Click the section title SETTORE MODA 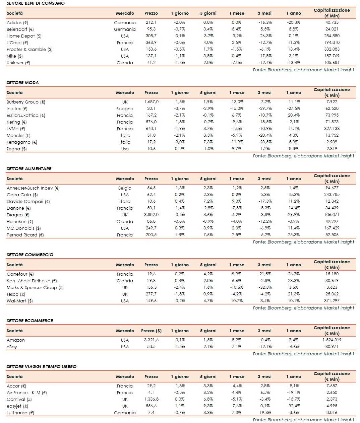22,82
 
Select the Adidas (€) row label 17,22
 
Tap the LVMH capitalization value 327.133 332,129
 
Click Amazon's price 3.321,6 151,340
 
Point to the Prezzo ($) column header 151,331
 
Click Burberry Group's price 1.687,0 151,102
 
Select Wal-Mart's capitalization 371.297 332,301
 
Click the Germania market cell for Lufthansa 125,413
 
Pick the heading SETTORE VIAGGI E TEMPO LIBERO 42,366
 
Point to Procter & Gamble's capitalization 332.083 332,49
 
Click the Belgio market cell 125,188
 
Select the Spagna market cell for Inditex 125,109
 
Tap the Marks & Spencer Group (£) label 35,287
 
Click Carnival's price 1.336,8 151,399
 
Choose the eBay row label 12,347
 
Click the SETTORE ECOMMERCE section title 30,321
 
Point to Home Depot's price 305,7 151,36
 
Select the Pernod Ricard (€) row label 25,235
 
